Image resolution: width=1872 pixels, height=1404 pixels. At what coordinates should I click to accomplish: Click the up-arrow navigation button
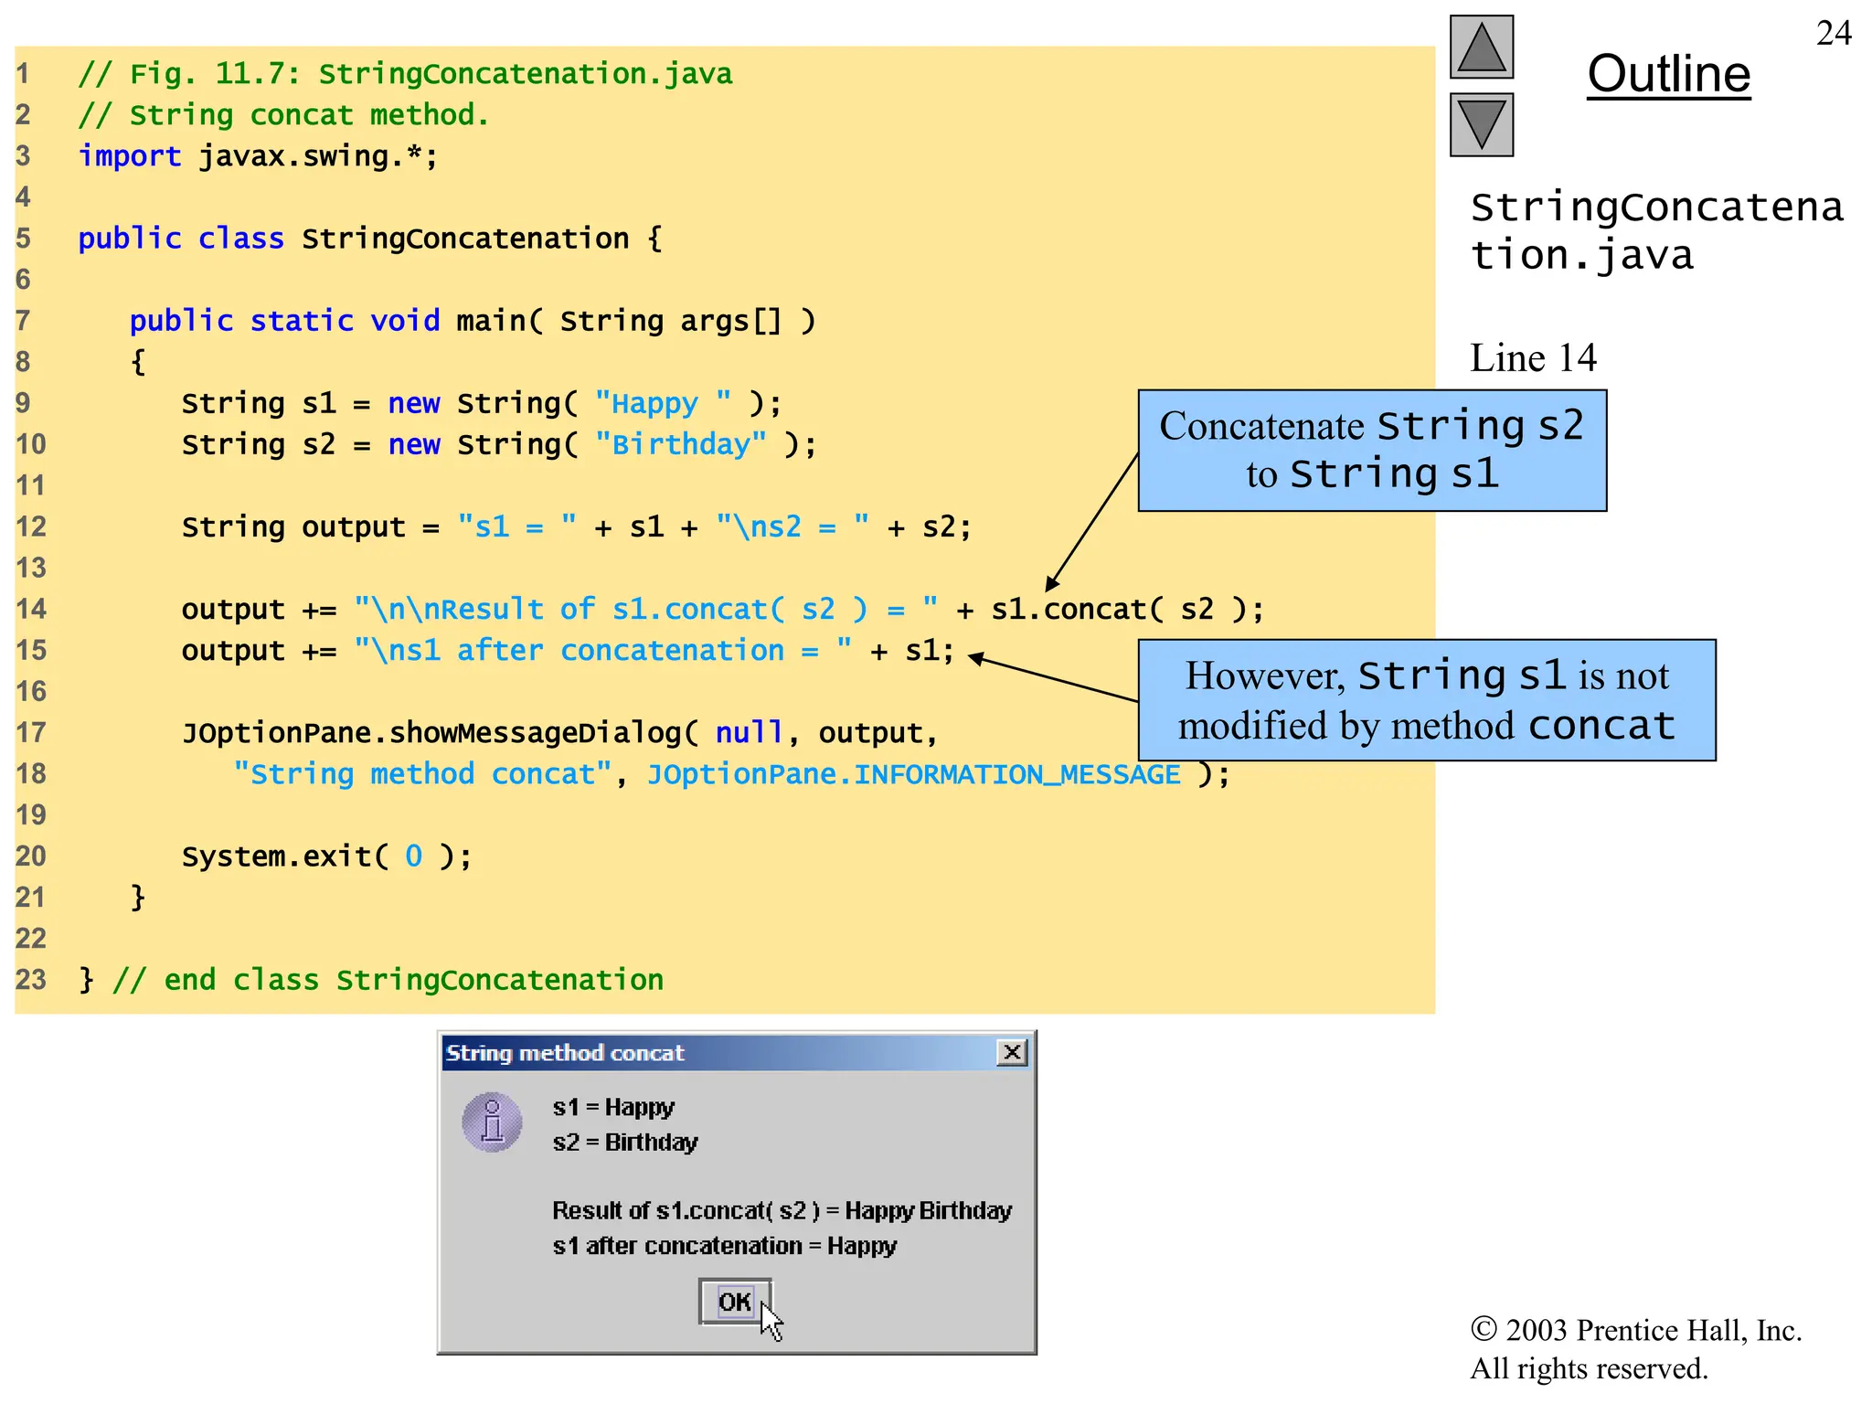click(x=1481, y=48)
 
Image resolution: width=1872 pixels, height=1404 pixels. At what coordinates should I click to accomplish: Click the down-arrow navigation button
click(x=1481, y=125)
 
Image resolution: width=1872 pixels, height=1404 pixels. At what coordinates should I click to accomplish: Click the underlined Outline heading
click(x=1668, y=74)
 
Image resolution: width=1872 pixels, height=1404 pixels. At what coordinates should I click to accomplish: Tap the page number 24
click(x=1833, y=34)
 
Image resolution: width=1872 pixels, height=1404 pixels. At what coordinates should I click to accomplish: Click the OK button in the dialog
click(x=735, y=1301)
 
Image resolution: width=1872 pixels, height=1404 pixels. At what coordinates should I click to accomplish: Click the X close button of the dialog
click(x=1012, y=1052)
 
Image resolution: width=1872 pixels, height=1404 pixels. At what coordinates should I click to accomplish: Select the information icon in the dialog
click(x=492, y=1122)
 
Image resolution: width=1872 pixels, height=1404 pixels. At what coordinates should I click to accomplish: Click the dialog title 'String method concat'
click(x=564, y=1053)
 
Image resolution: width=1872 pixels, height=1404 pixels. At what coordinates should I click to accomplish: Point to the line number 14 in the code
click(x=30, y=609)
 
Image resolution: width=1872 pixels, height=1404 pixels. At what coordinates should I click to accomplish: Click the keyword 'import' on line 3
click(x=129, y=156)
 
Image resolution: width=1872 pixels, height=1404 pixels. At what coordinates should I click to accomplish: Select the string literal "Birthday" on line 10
click(x=680, y=444)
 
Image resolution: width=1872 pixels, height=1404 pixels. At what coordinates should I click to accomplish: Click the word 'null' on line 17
click(x=749, y=732)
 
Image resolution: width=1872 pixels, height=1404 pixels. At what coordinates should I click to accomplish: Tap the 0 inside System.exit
click(x=413, y=856)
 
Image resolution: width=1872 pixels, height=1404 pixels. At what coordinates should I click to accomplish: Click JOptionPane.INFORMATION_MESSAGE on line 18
click(x=913, y=774)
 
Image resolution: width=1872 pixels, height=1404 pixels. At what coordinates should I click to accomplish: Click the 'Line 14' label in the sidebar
click(x=1533, y=357)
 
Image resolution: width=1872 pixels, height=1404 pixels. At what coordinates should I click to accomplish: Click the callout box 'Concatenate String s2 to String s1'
click(x=1371, y=450)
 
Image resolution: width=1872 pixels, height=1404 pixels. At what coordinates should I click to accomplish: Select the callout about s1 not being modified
click(x=1426, y=700)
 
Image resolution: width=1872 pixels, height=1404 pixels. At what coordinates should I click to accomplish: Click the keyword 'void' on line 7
click(x=405, y=321)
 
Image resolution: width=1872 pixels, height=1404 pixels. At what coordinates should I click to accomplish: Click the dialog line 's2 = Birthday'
click(x=624, y=1143)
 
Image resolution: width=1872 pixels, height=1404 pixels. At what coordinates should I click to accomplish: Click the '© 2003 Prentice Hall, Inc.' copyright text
click(x=1635, y=1330)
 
